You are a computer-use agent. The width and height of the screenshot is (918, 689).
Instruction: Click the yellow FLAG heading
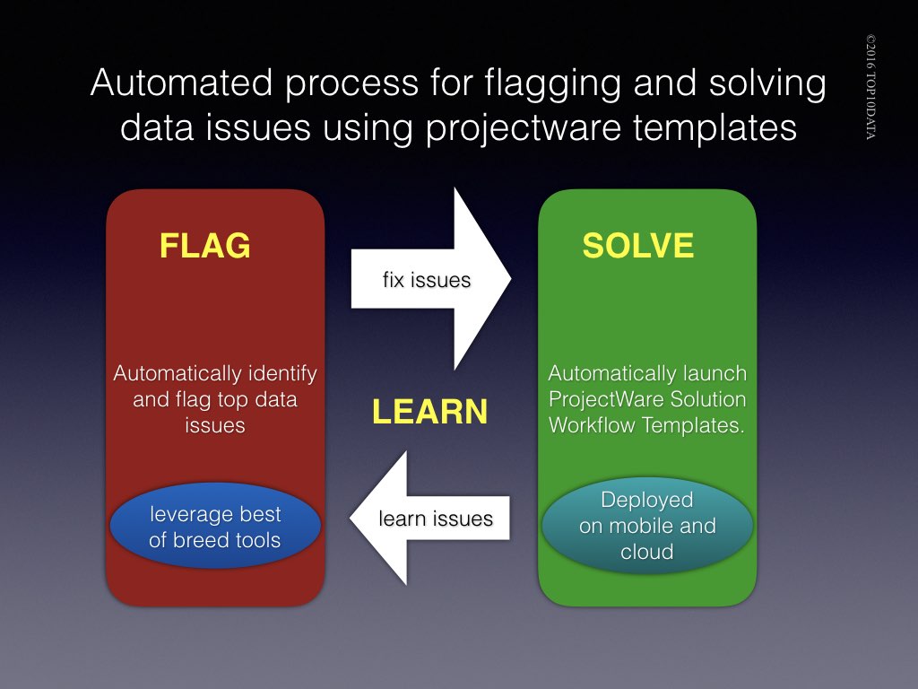[x=204, y=245]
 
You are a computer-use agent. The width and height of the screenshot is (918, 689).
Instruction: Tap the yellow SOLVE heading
[x=637, y=245]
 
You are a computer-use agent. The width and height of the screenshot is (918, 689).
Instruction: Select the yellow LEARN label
[x=429, y=411]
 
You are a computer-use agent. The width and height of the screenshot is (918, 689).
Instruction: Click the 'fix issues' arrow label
[x=426, y=280]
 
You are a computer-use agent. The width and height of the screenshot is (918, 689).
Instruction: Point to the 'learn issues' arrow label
[x=435, y=519]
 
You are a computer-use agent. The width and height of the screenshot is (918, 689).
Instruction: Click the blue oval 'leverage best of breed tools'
[x=215, y=527]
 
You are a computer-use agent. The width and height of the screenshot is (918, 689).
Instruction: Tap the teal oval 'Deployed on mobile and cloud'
[x=646, y=525]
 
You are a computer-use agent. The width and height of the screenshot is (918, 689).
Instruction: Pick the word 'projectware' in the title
[x=510, y=127]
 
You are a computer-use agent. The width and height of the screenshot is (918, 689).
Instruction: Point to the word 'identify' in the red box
[x=281, y=372]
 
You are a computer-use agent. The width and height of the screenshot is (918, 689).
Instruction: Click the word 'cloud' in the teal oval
[x=646, y=551]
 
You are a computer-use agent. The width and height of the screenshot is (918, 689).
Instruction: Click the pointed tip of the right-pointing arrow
[x=510, y=279]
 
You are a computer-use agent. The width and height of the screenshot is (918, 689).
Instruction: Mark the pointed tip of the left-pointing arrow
[x=351, y=519]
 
